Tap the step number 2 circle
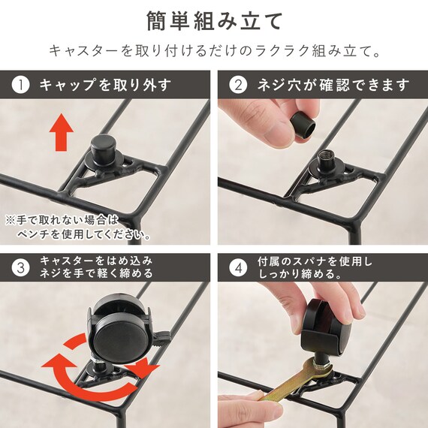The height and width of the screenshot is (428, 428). (x=239, y=84)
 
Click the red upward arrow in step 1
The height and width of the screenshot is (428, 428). (x=61, y=132)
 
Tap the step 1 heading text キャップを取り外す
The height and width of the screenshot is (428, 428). (x=104, y=84)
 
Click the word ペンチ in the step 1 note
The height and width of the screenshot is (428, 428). (x=32, y=235)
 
